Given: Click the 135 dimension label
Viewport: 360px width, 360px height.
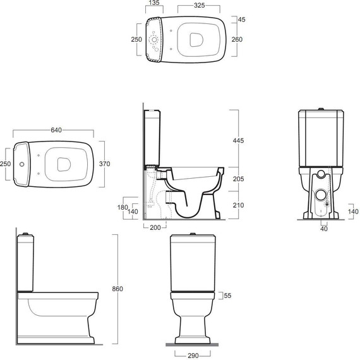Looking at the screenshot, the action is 154,3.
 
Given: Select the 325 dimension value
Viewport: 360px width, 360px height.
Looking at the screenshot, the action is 199,5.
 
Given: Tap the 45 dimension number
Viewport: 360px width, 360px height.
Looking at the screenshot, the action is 241,20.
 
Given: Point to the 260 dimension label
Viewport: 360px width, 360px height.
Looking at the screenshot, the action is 237,40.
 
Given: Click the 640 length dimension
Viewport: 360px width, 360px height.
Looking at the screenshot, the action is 56,130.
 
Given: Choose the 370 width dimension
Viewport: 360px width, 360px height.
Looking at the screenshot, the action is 104,164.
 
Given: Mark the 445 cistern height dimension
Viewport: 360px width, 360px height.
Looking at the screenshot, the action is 238,140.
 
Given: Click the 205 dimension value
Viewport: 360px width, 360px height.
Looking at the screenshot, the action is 238,179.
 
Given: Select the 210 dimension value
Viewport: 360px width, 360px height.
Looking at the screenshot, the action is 238,205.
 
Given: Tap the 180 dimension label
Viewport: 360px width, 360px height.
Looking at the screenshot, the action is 123,207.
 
